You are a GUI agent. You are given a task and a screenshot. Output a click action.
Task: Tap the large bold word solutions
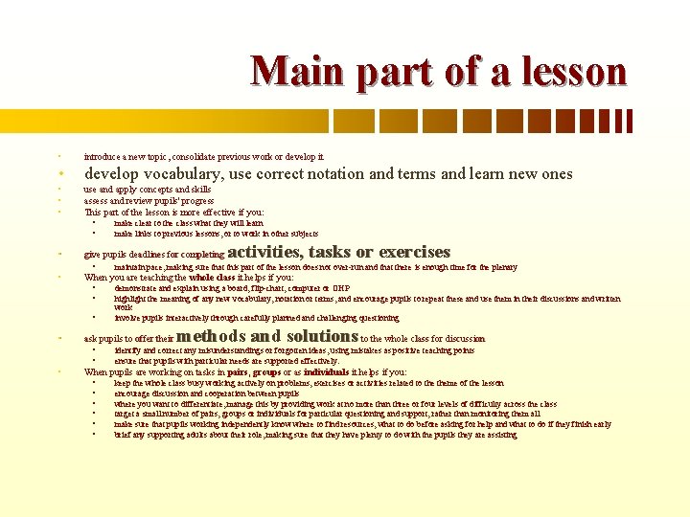coord(310,336)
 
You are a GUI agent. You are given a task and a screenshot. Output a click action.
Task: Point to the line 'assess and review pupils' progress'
coord(148,201)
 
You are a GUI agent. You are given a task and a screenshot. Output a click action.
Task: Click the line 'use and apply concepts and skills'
coord(148,190)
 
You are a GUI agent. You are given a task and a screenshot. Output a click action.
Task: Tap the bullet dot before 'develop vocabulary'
coord(59,175)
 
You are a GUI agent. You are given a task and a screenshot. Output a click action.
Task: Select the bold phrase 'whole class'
coord(208,277)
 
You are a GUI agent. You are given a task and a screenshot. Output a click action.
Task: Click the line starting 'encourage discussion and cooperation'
coord(206,393)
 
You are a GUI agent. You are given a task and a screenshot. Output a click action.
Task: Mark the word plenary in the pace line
coord(504,268)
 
